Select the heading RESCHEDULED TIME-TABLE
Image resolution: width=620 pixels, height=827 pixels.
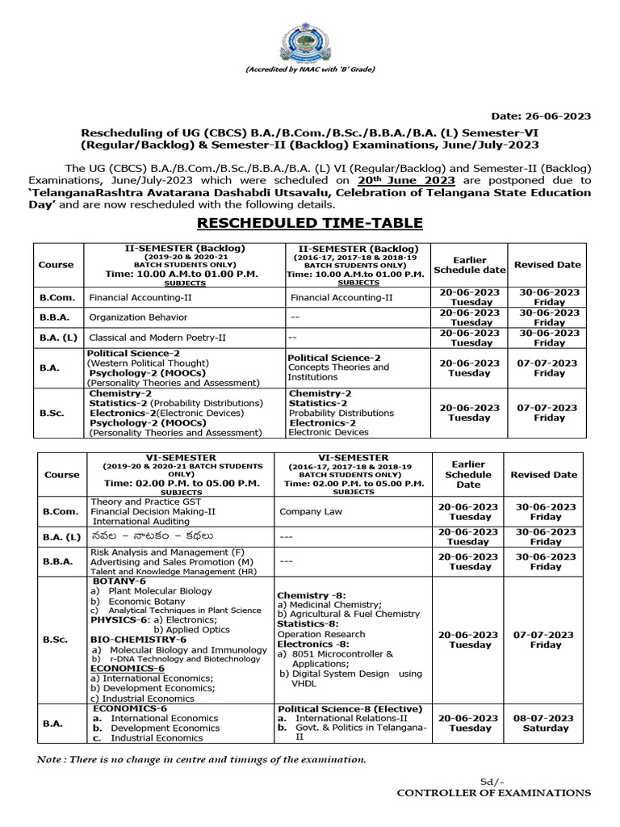coord(310,223)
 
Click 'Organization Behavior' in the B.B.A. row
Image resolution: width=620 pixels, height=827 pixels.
coord(138,317)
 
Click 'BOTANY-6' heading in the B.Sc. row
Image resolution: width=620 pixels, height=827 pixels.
coord(119,581)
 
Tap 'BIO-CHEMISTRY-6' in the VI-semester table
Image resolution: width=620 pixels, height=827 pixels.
coord(138,640)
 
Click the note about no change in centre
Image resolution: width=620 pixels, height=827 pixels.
coord(202,759)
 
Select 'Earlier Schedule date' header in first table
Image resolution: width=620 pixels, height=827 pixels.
coord(469,265)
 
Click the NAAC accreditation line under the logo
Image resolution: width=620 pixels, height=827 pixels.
coord(309,70)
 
